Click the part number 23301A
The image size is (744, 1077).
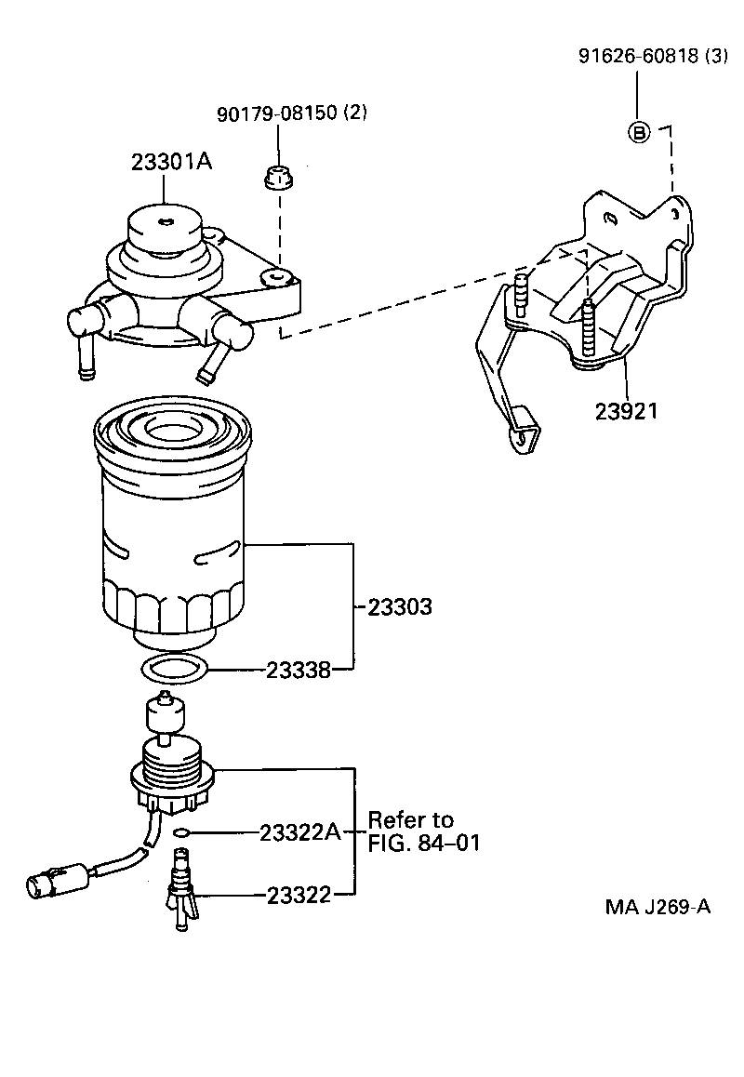[171, 162]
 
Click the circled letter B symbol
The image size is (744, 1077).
[639, 133]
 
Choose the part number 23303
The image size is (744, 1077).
[399, 607]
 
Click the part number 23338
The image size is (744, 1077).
[299, 670]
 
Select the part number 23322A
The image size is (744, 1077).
[300, 832]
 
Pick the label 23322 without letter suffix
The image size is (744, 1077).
[299, 895]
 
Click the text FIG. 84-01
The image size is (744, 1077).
[424, 844]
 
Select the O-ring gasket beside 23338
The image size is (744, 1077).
[173, 666]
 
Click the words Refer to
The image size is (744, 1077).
[410, 820]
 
